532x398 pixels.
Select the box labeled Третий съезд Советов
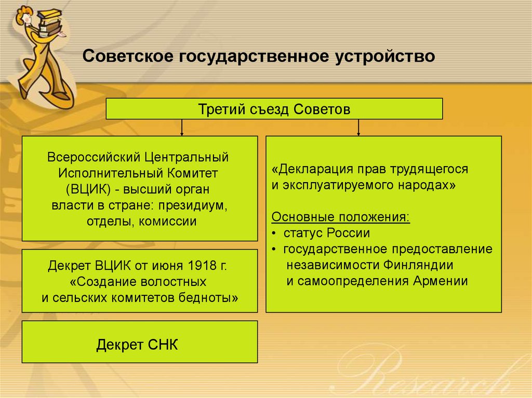pos(274,109)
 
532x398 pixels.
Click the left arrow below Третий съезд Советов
pos(181,128)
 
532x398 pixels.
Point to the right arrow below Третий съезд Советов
pos(358,128)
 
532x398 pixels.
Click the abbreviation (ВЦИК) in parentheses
pos(84,189)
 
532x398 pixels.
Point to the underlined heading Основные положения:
pos(341,216)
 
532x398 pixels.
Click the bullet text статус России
pos(327,233)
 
